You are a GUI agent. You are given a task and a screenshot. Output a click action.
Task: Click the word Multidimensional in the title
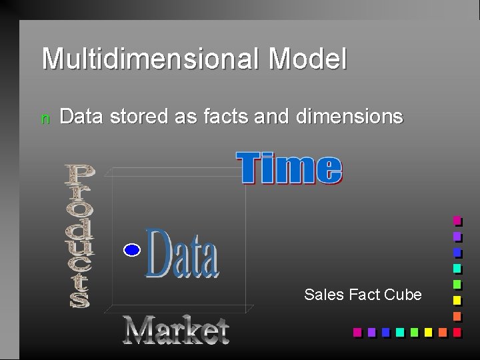pyautogui.click(x=151, y=59)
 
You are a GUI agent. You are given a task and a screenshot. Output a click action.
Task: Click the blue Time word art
pyautogui.click(x=289, y=168)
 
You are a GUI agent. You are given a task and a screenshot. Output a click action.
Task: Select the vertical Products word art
pyautogui.click(x=79, y=236)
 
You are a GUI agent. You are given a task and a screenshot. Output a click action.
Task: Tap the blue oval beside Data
pyautogui.click(x=132, y=250)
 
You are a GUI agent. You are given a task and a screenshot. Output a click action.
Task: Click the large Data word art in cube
pyautogui.click(x=182, y=253)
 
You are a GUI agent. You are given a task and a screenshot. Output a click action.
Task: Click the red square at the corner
pyautogui.click(x=457, y=331)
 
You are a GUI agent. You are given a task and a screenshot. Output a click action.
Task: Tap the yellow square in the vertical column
pyautogui.click(x=457, y=299)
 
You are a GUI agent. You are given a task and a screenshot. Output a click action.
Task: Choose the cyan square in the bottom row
pyautogui.click(x=399, y=331)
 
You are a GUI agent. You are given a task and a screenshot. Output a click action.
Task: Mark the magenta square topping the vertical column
pyautogui.click(x=457, y=220)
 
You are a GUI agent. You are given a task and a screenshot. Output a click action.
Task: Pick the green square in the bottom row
pyautogui.click(x=414, y=331)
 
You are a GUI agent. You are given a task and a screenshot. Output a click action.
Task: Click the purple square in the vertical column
pyautogui.click(x=457, y=236)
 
